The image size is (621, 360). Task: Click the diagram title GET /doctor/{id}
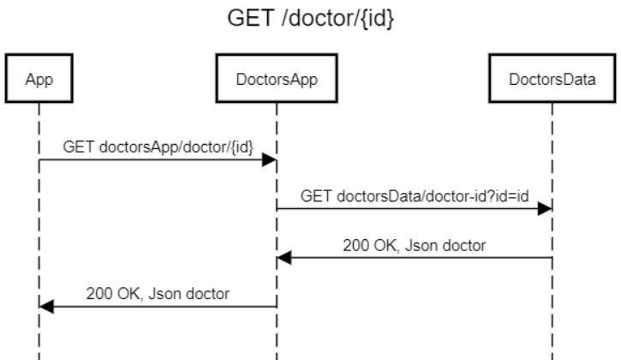[311, 18]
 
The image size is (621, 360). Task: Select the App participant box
[38, 79]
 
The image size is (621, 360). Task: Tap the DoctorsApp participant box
[275, 79]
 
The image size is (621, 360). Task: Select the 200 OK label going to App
[158, 293]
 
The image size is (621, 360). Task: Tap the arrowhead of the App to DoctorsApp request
[268, 160]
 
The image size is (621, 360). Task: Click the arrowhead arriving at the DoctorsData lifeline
[544, 208]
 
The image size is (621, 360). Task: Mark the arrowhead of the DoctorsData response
[284, 257]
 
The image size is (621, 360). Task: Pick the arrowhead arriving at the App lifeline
[46, 306]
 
